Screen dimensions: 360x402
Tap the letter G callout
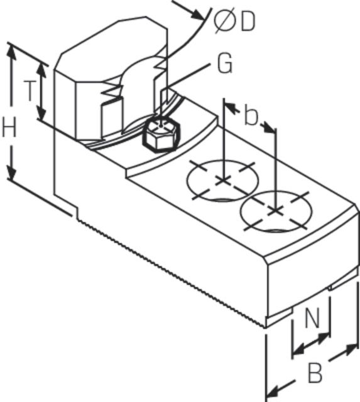point(225,63)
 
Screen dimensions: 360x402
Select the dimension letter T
point(30,90)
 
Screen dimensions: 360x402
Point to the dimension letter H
point(9,127)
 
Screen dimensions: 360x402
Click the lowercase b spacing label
point(251,116)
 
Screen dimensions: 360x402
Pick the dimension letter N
point(312,318)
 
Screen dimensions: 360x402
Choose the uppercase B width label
point(315,372)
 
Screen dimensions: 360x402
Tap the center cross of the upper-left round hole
point(222,180)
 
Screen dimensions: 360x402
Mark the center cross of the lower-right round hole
point(275,211)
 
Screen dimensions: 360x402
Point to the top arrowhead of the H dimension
point(11,53)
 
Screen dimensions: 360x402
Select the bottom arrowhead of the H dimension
point(11,171)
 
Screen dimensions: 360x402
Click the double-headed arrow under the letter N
point(311,344)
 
